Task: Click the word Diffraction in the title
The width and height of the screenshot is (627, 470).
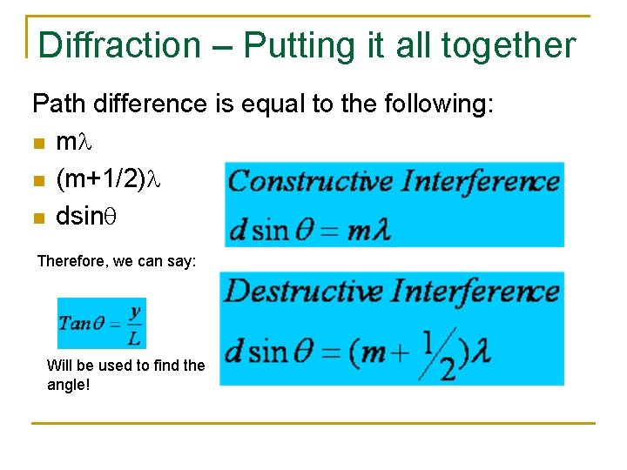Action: pyautogui.click(x=119, y=45)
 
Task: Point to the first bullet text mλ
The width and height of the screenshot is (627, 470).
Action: pyautogui.click(x=68, y=141)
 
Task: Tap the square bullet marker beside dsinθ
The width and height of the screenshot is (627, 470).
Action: pyautogui.click(x=37, y=218)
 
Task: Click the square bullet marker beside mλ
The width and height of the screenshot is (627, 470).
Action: pyautogui.click(x=37, y=142)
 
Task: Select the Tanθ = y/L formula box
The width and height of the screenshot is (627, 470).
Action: pyautogui.click(x=101, y=324)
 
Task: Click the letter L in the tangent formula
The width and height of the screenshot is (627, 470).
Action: pyautogui.click(x=134, y=338)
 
